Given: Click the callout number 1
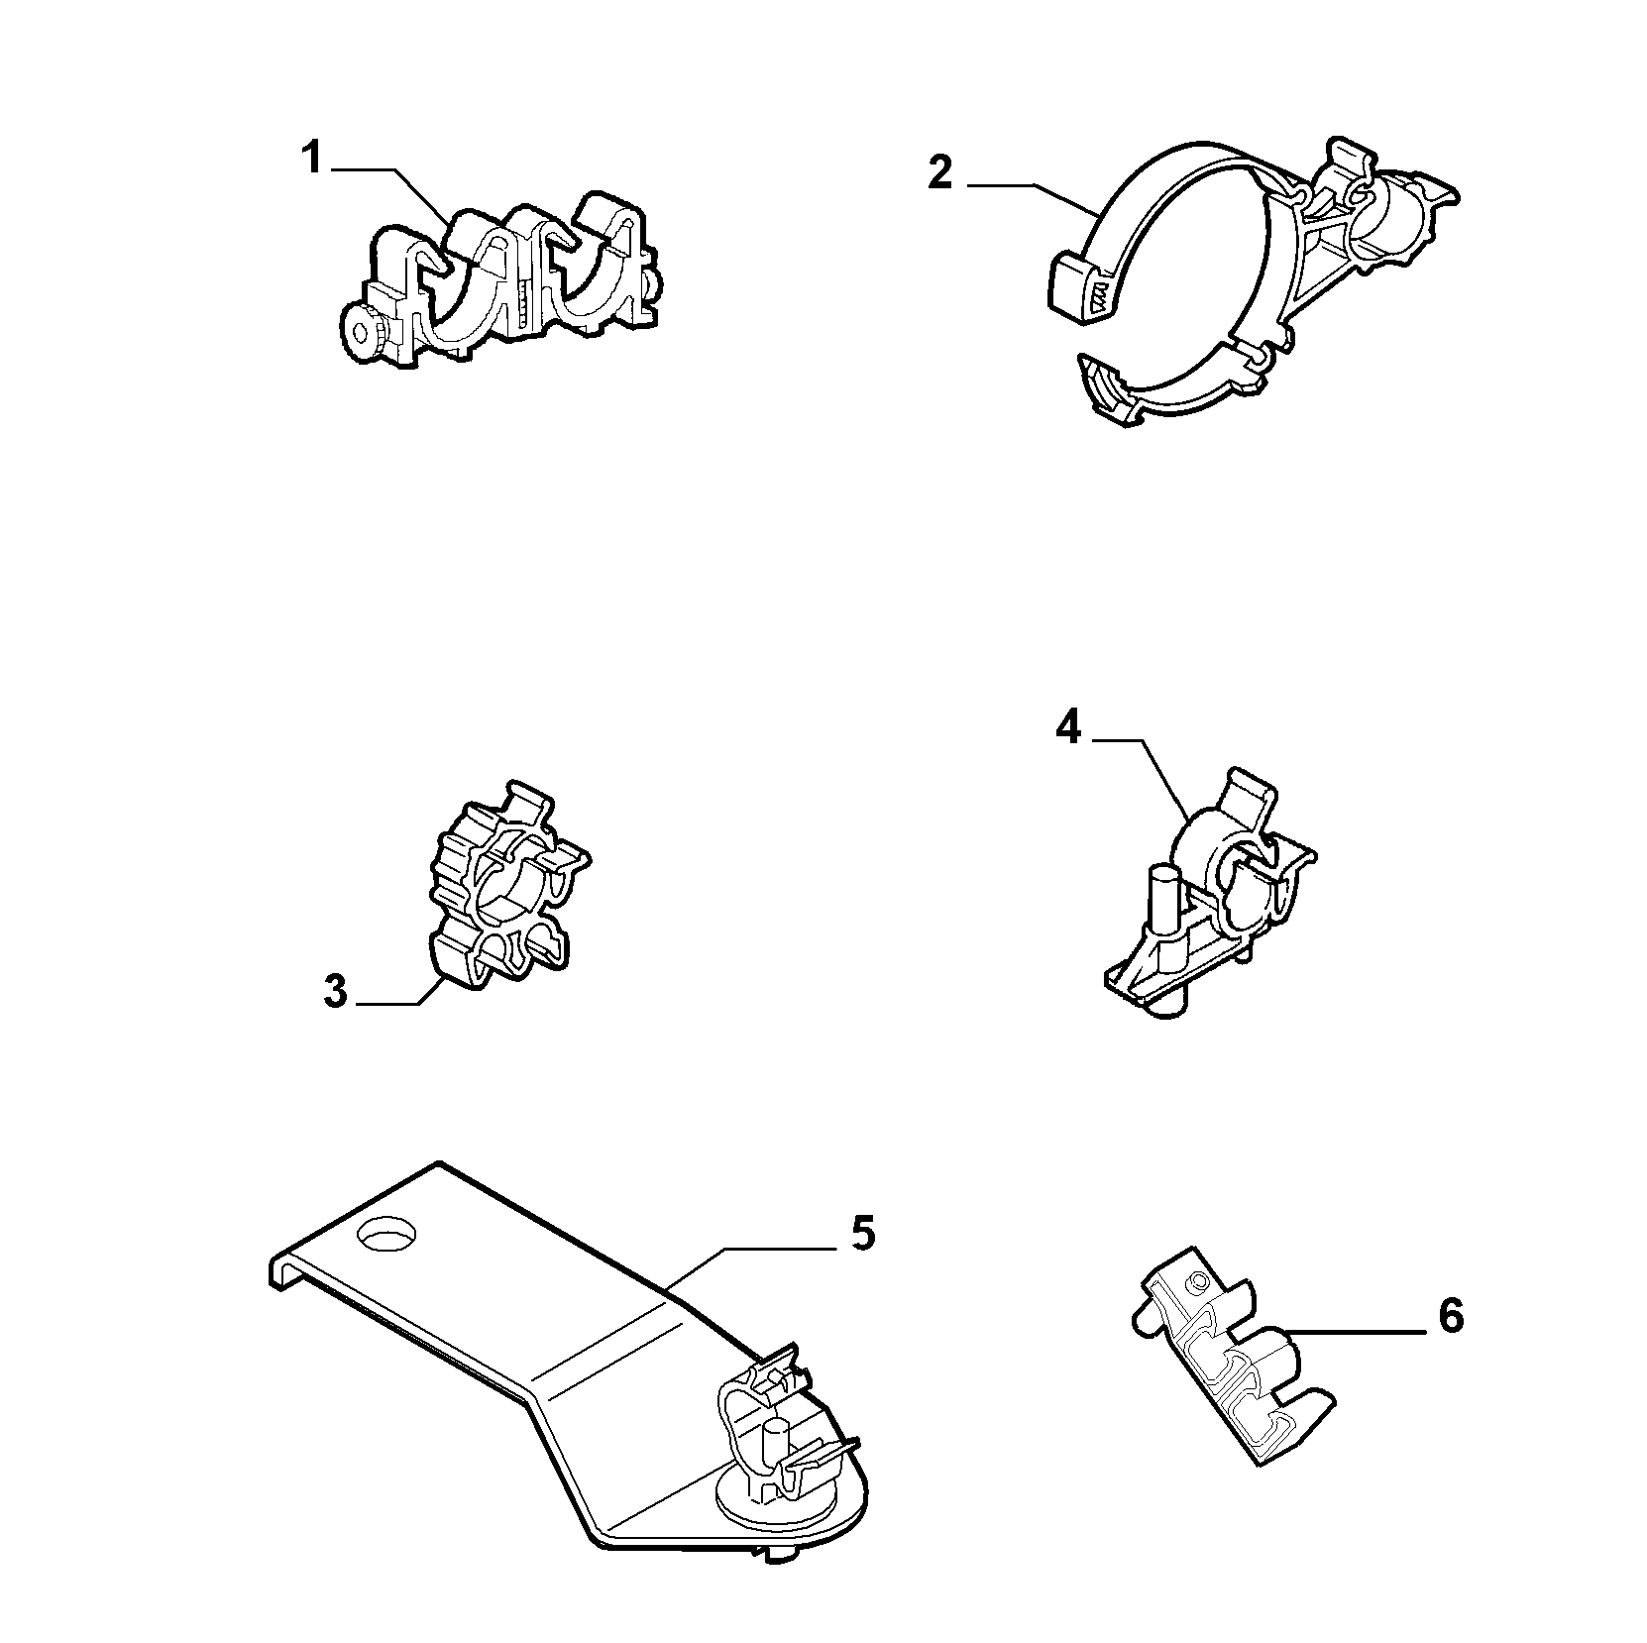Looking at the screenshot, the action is (x=311, y=159).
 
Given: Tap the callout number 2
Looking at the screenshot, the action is (x=939, y=171).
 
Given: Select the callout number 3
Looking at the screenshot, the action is (x=336, y=992).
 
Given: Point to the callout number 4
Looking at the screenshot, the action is (x=1067, y=728).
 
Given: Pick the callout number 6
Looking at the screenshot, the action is (x=1450, y=1317).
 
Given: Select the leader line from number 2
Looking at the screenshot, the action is (x=1032, y=194).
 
